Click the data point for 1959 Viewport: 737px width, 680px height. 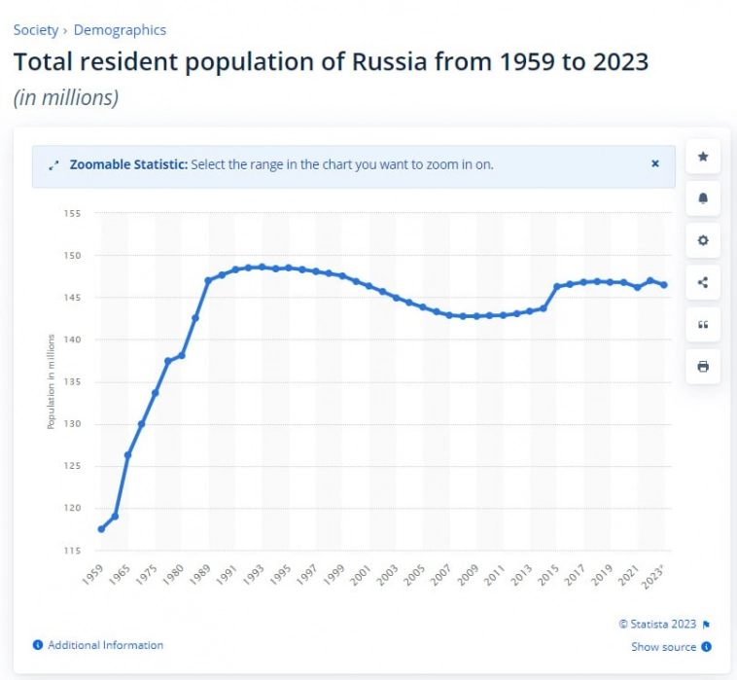[101, 529]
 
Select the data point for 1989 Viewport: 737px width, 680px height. [208, 280]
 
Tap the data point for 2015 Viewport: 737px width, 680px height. [556, 286]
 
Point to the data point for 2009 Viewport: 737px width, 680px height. [475, 316]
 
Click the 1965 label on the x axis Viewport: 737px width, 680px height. [119, 572]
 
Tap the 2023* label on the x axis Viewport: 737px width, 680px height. [656, 574]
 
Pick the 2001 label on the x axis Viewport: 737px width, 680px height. [360, 574]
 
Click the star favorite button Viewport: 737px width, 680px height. [703, 157]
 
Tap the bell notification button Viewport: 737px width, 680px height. [703, 198]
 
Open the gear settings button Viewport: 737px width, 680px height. [703, 240]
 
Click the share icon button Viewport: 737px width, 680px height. [703, 283]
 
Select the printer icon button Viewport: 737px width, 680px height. [703, 367]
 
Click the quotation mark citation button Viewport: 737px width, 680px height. [703, 325]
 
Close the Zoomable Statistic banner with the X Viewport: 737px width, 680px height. [655, 164]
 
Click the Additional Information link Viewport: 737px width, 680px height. [105, 645]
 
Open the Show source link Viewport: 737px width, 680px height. [664, 647]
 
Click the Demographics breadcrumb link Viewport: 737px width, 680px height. [120, 30]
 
